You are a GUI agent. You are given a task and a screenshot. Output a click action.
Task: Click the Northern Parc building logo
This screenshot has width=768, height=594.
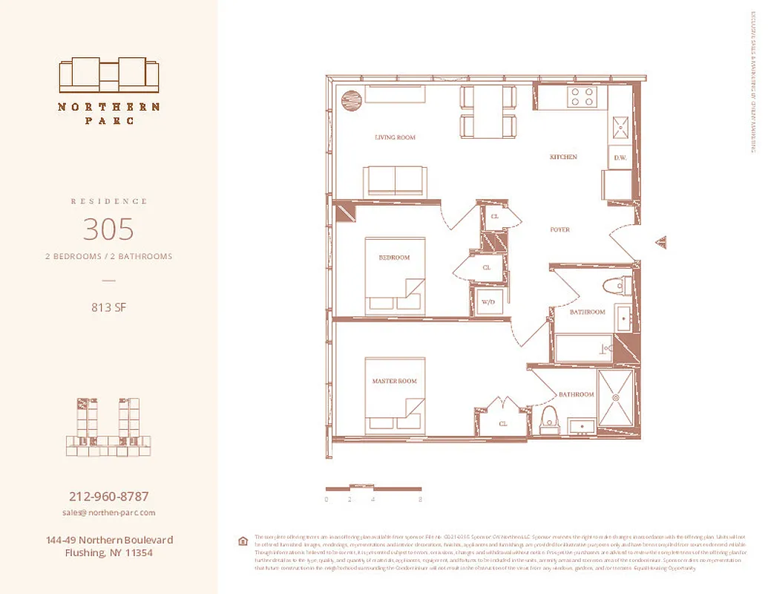[109, 74]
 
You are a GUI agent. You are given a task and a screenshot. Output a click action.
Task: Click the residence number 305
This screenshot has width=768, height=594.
[108, 229]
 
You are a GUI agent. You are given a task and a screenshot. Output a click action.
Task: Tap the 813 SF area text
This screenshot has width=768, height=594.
[108, 307]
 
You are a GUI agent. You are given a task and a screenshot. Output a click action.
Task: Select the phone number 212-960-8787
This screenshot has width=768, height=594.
[108, 496]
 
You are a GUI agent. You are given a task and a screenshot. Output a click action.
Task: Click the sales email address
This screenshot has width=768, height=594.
[108, 512]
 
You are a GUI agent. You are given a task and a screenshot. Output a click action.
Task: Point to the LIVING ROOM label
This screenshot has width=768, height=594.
[395, 137]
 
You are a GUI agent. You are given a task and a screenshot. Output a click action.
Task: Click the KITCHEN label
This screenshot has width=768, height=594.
[562, 157]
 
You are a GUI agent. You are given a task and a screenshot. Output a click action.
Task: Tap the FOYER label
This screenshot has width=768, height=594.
[559, 230]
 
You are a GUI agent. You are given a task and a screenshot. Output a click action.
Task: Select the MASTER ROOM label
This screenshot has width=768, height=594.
[394, 381]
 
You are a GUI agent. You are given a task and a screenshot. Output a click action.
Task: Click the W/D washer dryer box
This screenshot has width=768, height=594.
[489, 302]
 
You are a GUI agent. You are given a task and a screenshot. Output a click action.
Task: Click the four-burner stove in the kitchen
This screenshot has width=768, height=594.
[583, 97]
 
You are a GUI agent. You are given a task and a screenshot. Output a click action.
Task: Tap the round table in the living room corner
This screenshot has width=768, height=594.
[350, 99]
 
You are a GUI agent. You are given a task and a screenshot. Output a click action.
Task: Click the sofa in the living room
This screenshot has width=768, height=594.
[395, 180]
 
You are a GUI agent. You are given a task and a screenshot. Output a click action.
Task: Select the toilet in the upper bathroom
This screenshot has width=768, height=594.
[615, 285]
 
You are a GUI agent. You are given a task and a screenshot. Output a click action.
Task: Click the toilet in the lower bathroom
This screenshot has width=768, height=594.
[549, 420]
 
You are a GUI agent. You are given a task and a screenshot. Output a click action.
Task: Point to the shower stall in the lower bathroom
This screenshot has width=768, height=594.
[617, 399]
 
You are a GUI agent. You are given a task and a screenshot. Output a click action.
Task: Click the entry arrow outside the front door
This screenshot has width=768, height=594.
[662, 242]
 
